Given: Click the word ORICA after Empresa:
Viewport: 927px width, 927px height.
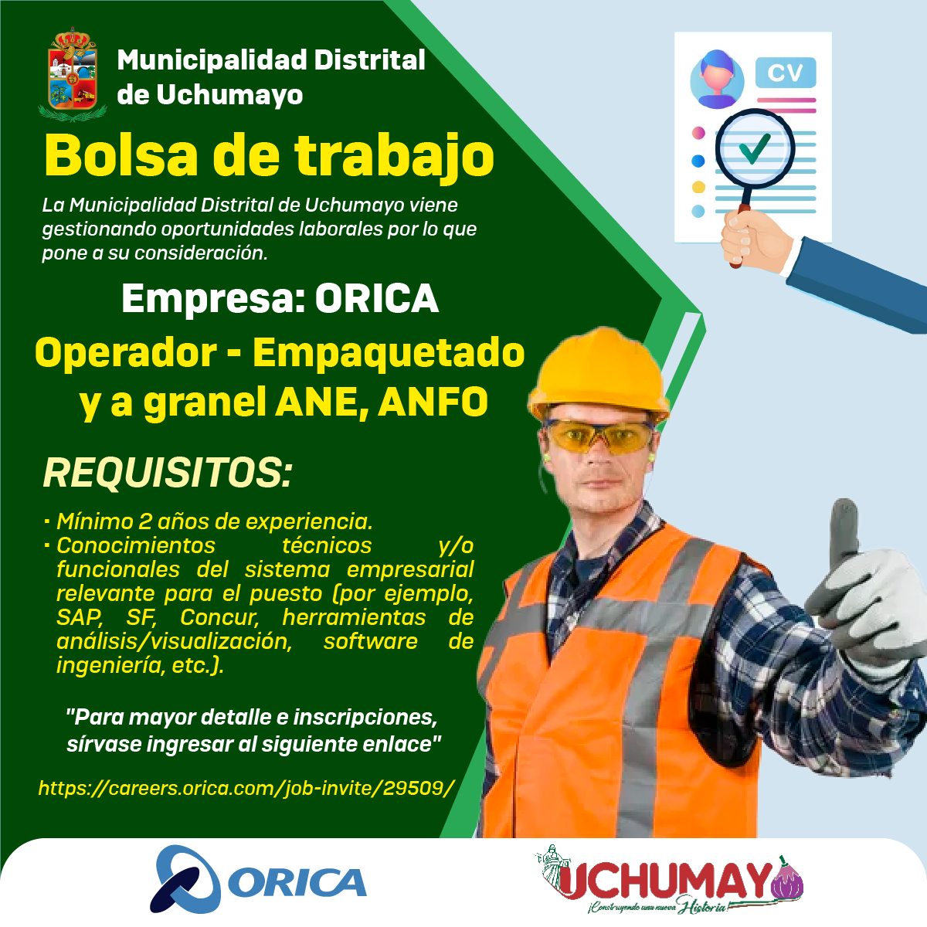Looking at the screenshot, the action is pos(377,298).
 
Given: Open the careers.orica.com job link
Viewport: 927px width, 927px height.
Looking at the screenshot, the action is pos(246,788).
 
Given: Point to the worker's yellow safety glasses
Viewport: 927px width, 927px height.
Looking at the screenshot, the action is pos(599,435).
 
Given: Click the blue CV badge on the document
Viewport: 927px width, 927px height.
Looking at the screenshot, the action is pos(785,73).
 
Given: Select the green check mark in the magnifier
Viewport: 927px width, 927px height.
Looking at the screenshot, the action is pos(754,147).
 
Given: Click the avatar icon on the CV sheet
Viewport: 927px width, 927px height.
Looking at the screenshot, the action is pos(717,79).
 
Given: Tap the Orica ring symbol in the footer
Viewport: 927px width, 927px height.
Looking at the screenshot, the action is pos(185,878).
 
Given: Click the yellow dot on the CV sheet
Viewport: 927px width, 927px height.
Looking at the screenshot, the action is pos(698,186).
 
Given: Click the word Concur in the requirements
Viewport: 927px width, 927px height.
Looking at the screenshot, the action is pos(219,617).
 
